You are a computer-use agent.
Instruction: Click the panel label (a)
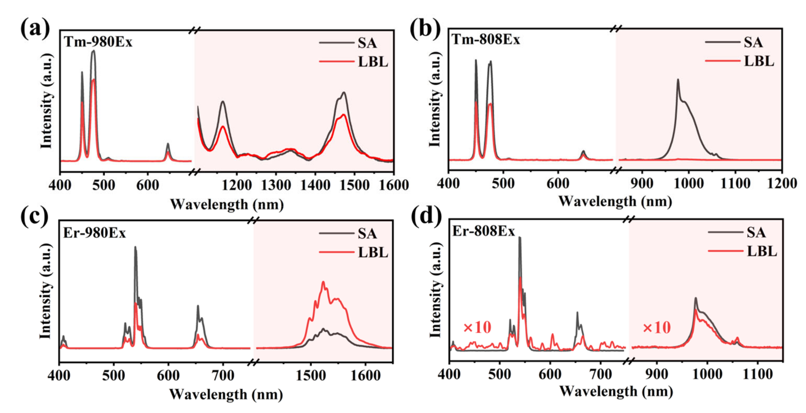click(35, 29)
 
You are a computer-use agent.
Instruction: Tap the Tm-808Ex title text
click(486, 40)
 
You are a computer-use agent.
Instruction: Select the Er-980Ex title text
click(94, 233)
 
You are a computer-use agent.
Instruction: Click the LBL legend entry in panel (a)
click(372, 62)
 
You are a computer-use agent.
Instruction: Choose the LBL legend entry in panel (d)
click(761, 251)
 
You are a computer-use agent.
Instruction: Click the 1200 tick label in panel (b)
click(781, 183)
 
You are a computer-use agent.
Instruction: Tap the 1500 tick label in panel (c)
click(310, 375)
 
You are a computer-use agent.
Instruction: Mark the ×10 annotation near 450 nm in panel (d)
click(477, 328)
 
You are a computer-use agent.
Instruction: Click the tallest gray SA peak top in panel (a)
click(93, 51)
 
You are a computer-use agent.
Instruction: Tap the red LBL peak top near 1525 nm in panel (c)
click(323, 282)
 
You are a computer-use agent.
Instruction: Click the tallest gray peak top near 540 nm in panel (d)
click(520, 238)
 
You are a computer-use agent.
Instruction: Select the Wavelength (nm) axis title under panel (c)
click(226, 395)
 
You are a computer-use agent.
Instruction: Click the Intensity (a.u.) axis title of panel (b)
click(435, 99)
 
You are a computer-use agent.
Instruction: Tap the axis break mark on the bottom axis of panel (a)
click(195, 171)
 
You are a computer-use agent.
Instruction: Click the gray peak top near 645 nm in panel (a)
click(168, 144)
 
